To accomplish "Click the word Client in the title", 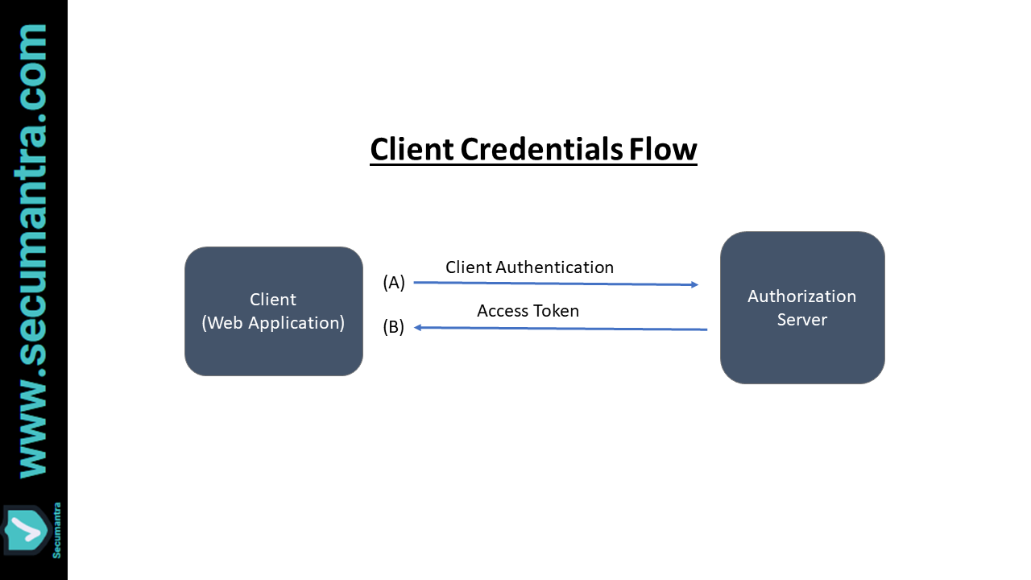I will (412, 150).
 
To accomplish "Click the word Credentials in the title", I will (540, 150).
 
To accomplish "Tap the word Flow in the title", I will (663, 150).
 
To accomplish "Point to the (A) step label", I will (394, 283).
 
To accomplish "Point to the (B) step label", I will (394, 327).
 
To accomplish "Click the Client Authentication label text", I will (529, 267).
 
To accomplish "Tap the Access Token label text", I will (528, 311).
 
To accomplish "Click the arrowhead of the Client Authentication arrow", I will (694, 284).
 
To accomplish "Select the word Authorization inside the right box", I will (801, 296).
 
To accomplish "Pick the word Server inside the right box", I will (801, 320).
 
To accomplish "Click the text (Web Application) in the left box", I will (273, 323).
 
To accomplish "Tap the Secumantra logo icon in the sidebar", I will (25, 531).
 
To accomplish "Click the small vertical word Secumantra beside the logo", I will (56, 529).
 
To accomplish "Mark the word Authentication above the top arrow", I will (556, 267).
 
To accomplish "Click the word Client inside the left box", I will (273, 300).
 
